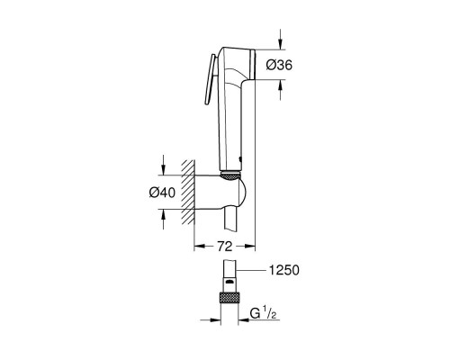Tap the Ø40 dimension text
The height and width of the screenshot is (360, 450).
pyautogui.click(x=162, y=191)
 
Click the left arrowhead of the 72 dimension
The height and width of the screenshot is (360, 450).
pyautogui.click(x=200, y=245)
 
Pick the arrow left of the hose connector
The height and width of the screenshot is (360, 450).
pyautogui.click(x=216, y=316)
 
